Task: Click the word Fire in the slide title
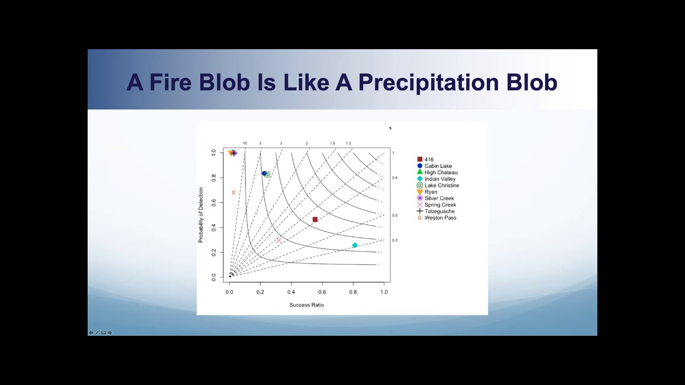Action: (170, 83)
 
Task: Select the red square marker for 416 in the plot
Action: (315, 219)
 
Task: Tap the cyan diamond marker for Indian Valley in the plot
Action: (355, 245)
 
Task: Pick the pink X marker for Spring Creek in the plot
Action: (279, 241)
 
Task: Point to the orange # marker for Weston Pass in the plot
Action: (233, 192)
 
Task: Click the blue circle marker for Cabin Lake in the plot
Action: (264, 173)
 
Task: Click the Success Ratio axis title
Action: (307, 305)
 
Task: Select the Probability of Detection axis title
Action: (201, 215)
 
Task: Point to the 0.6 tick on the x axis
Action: (322, 292)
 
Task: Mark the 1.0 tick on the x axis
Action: (384, 292)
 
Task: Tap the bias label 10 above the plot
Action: (245, 143)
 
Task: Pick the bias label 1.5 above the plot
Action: (332, 143)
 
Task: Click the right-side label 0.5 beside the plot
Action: (395, 215)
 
